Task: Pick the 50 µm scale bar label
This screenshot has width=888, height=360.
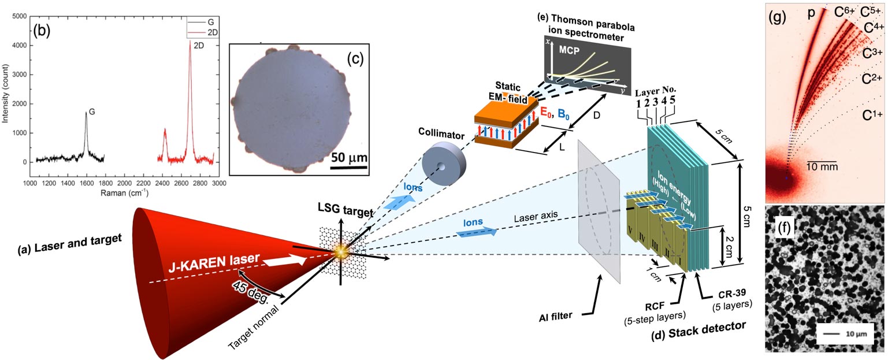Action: pos(348,157)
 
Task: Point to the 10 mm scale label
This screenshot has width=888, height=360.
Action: pos(822,168)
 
